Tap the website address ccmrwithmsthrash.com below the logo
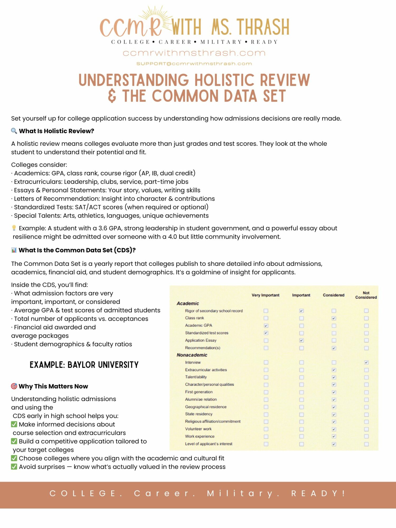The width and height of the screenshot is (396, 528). [x=194, y=53]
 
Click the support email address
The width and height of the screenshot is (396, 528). [x=194, y=64]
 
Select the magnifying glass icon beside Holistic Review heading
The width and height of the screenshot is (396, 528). [x=14, y=131]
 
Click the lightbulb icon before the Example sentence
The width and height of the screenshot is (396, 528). [x=14, y=228]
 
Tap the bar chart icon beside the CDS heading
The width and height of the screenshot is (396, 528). [x=14, y=250]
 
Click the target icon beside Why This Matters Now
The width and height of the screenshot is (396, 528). [x=14, y=386]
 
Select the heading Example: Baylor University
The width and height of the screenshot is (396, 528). [x=84, y=365]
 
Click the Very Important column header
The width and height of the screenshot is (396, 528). [x=265, y=295]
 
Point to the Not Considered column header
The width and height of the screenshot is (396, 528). [x=366, y=295]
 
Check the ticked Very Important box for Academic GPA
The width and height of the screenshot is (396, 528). [x=266, y=326]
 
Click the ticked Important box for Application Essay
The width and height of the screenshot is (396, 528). [x=301, y=340]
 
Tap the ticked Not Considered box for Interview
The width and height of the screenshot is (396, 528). [x=366, y=362]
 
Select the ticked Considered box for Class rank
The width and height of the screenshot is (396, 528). [x=334, y=318]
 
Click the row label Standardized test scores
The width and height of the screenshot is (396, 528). [x=207, y=333]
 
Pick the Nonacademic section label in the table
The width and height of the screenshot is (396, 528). [x=192, y=355]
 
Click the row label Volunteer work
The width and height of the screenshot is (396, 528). [x=198, y=429]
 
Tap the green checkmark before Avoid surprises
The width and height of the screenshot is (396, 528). [x=14, y=467]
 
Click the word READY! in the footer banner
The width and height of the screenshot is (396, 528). [x=318, y=493]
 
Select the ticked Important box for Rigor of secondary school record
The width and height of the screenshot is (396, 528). [x=301, y=311]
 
